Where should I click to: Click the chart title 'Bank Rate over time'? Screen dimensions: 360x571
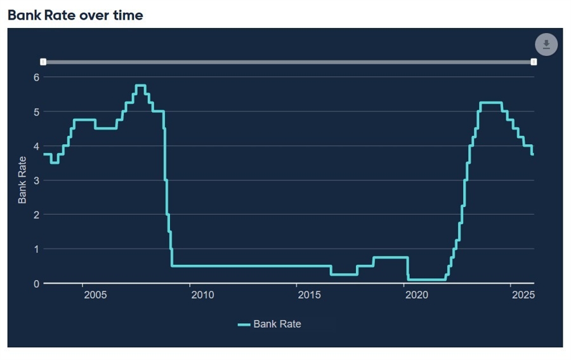coord(75,15)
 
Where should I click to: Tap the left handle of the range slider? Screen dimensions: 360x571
coord(43,62)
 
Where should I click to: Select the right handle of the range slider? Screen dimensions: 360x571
coord(534,62)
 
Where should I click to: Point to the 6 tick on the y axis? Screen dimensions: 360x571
coord(36,77)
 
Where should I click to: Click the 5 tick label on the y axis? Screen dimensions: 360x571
coord(36,112)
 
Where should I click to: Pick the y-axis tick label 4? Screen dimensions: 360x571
coord(36,146)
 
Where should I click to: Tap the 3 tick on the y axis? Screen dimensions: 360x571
coord(36,180)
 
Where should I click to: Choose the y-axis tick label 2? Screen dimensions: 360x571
coord(36,215)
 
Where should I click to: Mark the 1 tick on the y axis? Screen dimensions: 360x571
coord(36,249)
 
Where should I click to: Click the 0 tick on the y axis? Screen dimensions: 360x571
coord(36,283)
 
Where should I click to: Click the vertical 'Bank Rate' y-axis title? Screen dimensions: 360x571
coord(22,180)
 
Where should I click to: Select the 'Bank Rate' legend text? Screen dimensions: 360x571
coord(277,324)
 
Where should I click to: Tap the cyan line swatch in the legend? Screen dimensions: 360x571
coord(244,324)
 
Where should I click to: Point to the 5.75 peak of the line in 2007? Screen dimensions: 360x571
coord(140,86)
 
